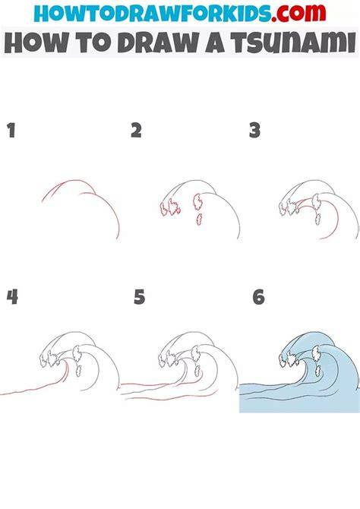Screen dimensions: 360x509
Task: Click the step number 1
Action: point(11,130)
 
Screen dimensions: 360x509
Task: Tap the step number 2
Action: point(137,130)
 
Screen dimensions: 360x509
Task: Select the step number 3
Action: point(255,130)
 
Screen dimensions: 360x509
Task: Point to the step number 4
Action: point(12,297)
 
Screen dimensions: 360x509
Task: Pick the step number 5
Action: point(140,297)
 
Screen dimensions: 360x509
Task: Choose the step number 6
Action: point(259,297)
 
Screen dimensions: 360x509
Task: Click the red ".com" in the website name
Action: point(298,13)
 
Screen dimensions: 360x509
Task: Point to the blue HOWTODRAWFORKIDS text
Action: point(153,13)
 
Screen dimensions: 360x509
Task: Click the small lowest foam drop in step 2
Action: point(199,220)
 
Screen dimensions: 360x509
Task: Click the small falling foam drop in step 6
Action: point(318,371)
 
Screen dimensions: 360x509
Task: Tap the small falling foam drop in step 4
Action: point(78,371)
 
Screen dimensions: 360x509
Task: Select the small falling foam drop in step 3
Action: point(318,219)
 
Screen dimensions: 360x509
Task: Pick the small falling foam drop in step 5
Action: point(197,371)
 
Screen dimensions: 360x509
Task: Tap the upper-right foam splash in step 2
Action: point(197,202)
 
